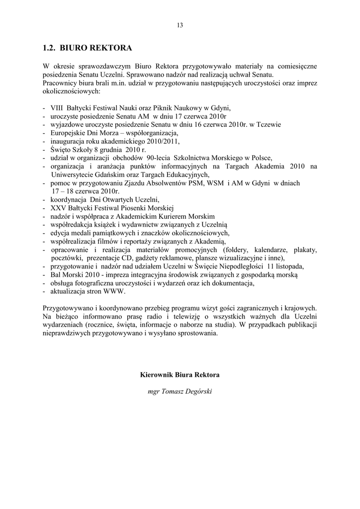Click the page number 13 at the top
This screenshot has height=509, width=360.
[x=180, y=26]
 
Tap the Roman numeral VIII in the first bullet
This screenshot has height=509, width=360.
[x=58, y=107]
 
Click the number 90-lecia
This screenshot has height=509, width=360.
[x=158, y=158]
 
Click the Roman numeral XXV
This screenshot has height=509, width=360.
[x=58, y=208]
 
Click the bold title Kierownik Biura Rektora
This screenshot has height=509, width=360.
[x=180, y=375]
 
